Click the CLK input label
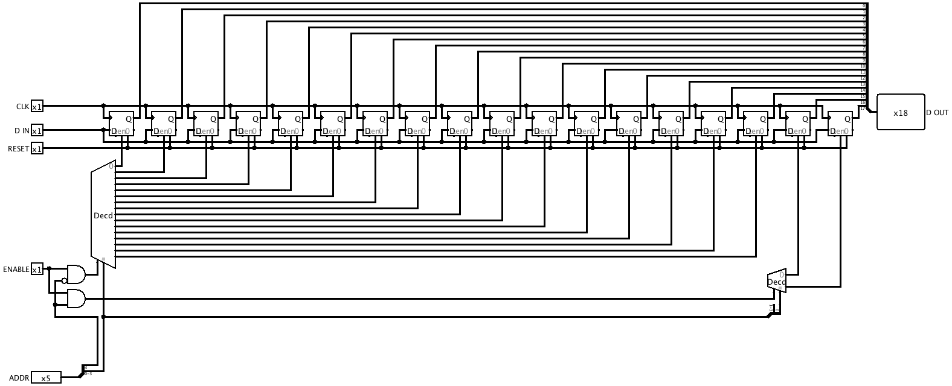22,107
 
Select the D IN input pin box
37,131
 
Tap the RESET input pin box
37,149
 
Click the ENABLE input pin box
37,270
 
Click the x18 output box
900,112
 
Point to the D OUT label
937,113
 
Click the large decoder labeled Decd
103,215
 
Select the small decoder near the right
777,281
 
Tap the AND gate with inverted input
76,275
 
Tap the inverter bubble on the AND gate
64,280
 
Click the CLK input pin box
37,107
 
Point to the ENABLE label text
16,270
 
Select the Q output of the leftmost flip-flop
129,119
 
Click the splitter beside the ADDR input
83,371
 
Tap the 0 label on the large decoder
111,166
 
